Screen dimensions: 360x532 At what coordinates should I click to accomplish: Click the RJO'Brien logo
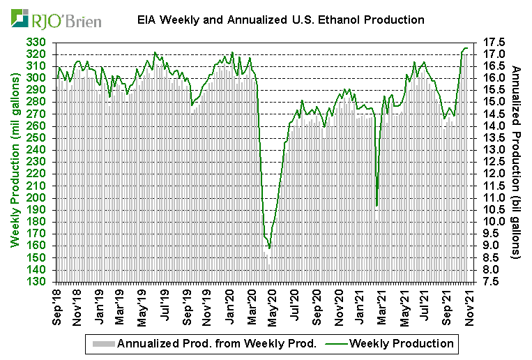point(56,18)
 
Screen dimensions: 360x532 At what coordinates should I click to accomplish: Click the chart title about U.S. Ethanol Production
point(280,20)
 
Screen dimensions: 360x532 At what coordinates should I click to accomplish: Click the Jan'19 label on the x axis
point(100,307)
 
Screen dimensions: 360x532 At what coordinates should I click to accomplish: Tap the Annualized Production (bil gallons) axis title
point(517,162)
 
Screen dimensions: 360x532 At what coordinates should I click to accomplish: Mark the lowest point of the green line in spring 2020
point(269,248)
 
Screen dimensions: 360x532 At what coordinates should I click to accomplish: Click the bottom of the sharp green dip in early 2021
point(377,206)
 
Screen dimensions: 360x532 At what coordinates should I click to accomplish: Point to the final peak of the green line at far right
point(466,48)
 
